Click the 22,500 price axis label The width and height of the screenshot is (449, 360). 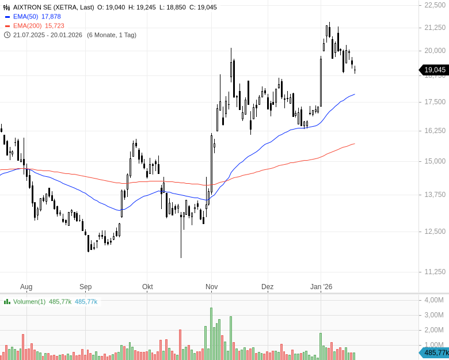coord(435,5)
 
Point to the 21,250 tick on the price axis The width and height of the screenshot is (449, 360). coord(435,28)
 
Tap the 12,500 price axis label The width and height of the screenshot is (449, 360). coord(435,232)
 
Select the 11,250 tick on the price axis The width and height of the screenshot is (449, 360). coord(435,272)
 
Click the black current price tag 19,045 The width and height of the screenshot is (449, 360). coord(435,70)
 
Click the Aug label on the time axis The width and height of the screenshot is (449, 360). coord(26,287)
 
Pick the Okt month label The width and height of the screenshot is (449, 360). coord(147,287)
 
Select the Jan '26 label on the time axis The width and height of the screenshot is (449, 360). coord(321,287)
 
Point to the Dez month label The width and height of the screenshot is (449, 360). coord(267,287)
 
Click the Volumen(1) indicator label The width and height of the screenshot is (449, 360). coord(29,301)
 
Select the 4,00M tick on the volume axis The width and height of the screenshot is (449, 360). coord(433,300)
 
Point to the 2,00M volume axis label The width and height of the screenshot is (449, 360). coord(433,330)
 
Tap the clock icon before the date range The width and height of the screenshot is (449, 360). coord(7,35)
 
